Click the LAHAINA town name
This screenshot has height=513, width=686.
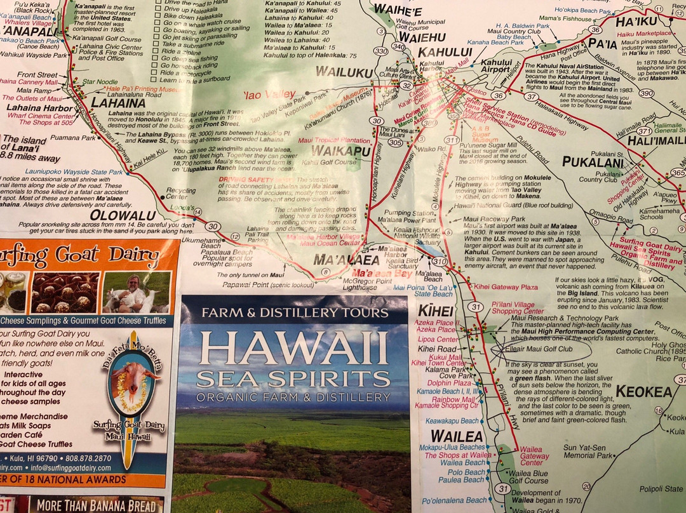(x=118, y=102)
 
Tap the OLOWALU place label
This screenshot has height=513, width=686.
(x=123, y=215)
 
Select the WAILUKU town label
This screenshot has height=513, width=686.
(x=344, y=72)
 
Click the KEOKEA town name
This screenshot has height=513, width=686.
(x=643, y=392)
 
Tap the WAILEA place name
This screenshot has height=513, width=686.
(x=457, y=436)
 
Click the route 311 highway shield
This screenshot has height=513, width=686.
(x=452, y=140)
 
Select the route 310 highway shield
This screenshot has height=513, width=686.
(x=439, y=261)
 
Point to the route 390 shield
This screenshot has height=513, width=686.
(x=646, y=93)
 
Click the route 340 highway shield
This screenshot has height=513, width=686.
(x=398, y=46)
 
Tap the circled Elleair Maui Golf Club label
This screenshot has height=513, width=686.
(x=541, y=349)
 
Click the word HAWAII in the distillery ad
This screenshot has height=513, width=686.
(x=293, y=348)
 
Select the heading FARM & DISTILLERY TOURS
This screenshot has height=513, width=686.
(x=293, y=312)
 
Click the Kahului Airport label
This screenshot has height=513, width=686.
(x=496, y=67)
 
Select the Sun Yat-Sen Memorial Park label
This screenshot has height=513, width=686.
(x=589, y=451)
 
